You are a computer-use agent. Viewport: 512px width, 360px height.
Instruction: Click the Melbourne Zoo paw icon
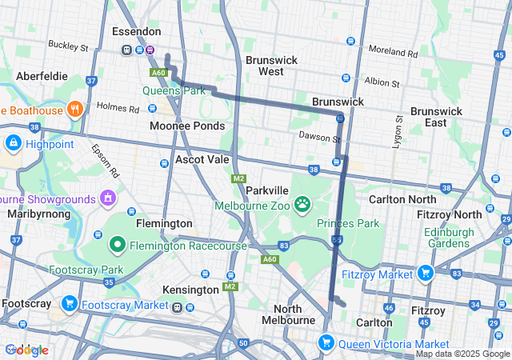(302, 205)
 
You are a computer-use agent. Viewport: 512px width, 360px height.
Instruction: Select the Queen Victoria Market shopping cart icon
(326, 343)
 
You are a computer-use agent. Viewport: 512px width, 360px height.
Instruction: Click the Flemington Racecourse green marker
(117, 244)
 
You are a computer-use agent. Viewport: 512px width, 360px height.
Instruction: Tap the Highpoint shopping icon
(13, 143)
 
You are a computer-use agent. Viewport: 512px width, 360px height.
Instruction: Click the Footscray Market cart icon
(70, 303)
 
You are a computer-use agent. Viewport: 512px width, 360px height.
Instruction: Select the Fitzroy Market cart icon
(424, 273)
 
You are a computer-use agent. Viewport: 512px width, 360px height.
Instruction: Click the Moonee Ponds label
(187, 126)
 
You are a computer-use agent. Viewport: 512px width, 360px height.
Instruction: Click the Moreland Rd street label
(394, 53)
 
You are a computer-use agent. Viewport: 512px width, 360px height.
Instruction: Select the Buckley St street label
(68, 46)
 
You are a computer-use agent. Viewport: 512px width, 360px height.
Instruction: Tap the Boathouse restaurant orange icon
(75, 109)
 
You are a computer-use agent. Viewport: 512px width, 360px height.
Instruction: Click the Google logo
(26, 350)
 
